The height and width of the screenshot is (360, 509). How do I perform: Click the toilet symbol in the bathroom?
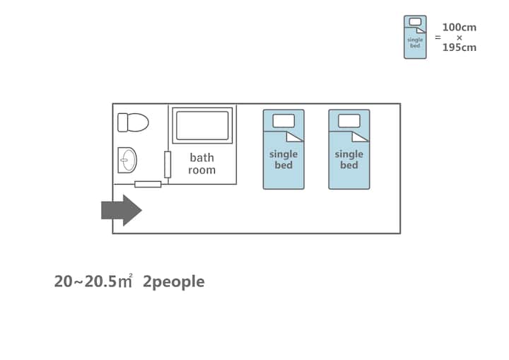coord(133,122)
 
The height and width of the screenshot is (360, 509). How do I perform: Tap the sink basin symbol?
coord(127,160)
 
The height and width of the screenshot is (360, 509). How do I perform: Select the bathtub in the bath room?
coord(202,125)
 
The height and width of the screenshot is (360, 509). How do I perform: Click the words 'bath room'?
coord(201,164)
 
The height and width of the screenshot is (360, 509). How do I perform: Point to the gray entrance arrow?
coord(122,210)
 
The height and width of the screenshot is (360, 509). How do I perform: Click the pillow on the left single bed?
coord(283,120)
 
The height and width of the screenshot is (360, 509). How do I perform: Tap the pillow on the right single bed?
coord(349,120)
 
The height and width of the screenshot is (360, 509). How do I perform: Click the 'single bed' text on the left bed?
coord(283,159)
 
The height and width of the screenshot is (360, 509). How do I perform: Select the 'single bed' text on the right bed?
coord(349,159)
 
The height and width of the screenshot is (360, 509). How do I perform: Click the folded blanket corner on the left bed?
coord(296,137)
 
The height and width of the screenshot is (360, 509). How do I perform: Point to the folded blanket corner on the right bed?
coord(361,137)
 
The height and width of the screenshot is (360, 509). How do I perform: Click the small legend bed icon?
coord(415,37)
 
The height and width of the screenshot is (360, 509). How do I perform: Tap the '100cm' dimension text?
coord(459,28)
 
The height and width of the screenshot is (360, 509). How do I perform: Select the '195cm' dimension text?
coord(459,47)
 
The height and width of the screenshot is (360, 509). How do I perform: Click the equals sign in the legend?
coord(438,37)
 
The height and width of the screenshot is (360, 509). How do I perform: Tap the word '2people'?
coord(173,281)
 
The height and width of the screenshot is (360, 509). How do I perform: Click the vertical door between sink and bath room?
coord(168,164)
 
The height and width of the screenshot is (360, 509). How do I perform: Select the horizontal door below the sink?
coord(148,184)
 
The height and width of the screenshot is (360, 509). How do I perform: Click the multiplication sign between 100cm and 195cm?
coord(459,37)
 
